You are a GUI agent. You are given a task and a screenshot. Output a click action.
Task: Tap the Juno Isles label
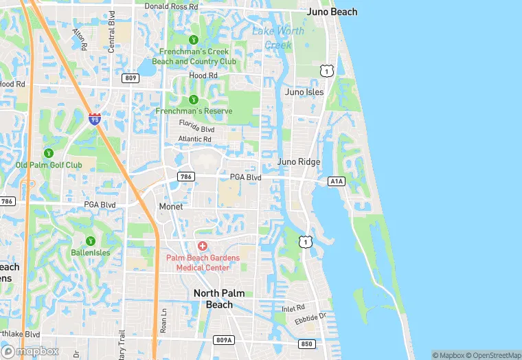(304, 91)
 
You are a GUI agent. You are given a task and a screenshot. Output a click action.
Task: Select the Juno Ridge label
(299, 162)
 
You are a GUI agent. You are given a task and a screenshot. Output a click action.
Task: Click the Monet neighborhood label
(171, 206)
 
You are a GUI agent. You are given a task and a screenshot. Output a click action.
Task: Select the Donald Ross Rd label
(171, 6)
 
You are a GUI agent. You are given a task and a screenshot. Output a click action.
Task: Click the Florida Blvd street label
(197, 128)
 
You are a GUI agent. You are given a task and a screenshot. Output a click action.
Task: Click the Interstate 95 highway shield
(95, 119)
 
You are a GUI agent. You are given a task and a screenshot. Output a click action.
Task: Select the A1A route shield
(336, 181)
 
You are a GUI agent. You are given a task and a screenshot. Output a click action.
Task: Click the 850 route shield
(307, 344)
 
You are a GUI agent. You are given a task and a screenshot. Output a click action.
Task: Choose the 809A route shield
(224, 339)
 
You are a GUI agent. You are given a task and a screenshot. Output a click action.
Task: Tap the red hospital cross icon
(203, 245)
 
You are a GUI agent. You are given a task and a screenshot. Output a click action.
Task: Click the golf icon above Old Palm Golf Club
(49, 153)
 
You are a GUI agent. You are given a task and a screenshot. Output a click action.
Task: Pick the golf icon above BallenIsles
(90, 240)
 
